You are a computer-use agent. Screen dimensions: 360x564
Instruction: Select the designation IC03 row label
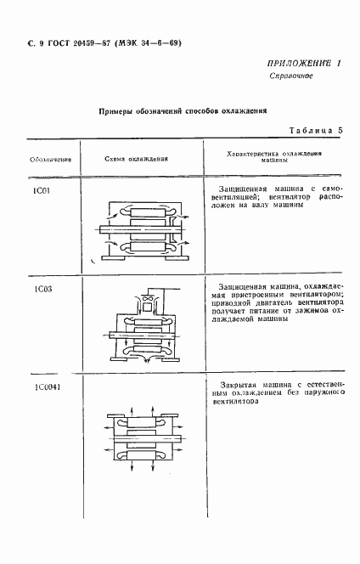point(42,289)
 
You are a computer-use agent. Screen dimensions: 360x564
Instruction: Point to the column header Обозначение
point(49,159)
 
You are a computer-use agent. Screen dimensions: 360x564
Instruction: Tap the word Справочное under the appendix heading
point(292,76)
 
